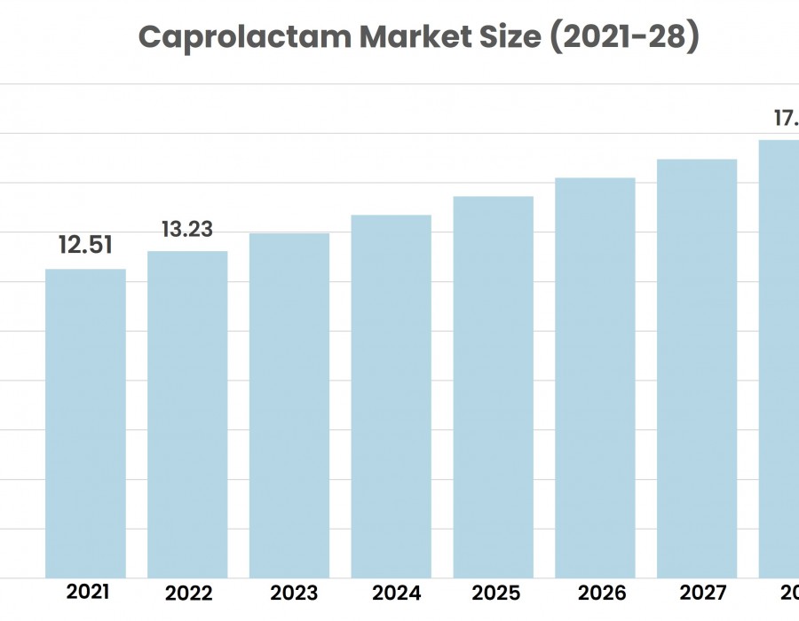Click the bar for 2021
[x=85, y=423]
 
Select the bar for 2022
[x=187, y=414]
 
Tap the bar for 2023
[x=289, y=405]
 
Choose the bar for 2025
[x=494, y=387]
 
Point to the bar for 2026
[x=595, y=378]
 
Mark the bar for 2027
[x=697, y=368]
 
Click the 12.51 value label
[x=85, y=245]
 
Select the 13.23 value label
[x=187, y=229]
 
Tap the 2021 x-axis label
[x=88, y=592]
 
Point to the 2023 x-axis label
[x=294, y=593]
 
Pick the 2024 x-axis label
[x=396, y=593]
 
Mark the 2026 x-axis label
[x=600, y=593]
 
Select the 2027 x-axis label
[x=700, y=593]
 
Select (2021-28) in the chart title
[x=625, y=37]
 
